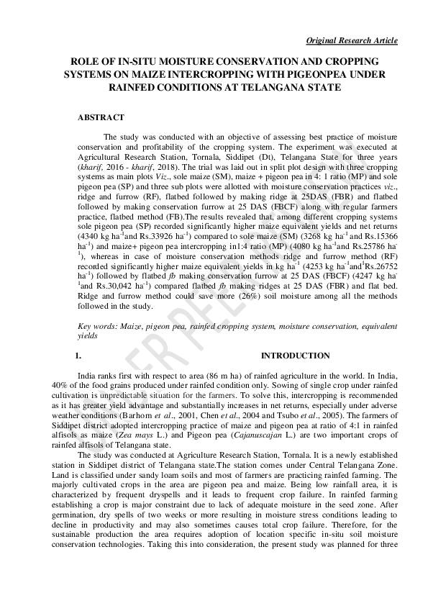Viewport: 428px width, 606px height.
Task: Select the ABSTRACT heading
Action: pyautogui.click(x=100, y=117)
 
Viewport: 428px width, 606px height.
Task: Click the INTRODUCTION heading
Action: pyautogui.click(x=295, y=356)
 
